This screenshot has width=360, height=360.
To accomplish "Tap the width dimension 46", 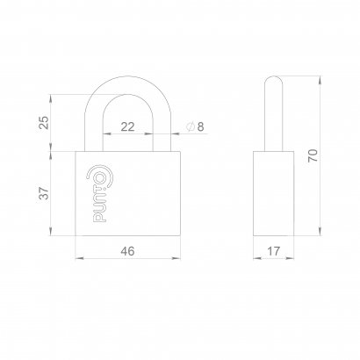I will (x=127, y=252).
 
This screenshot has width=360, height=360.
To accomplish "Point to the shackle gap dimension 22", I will (x=128, y=127).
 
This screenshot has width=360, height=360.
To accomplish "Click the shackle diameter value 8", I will (x=200, y=127).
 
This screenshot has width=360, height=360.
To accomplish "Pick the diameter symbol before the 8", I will (x=190, y=127).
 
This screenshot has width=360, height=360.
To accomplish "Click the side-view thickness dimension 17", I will (x=274, y=252).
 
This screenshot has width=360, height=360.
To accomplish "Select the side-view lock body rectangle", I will (x=274, y=193).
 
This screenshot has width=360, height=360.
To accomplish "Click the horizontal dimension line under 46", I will (x=127, y=260).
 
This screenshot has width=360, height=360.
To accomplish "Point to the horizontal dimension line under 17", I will (x=274, y=260).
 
